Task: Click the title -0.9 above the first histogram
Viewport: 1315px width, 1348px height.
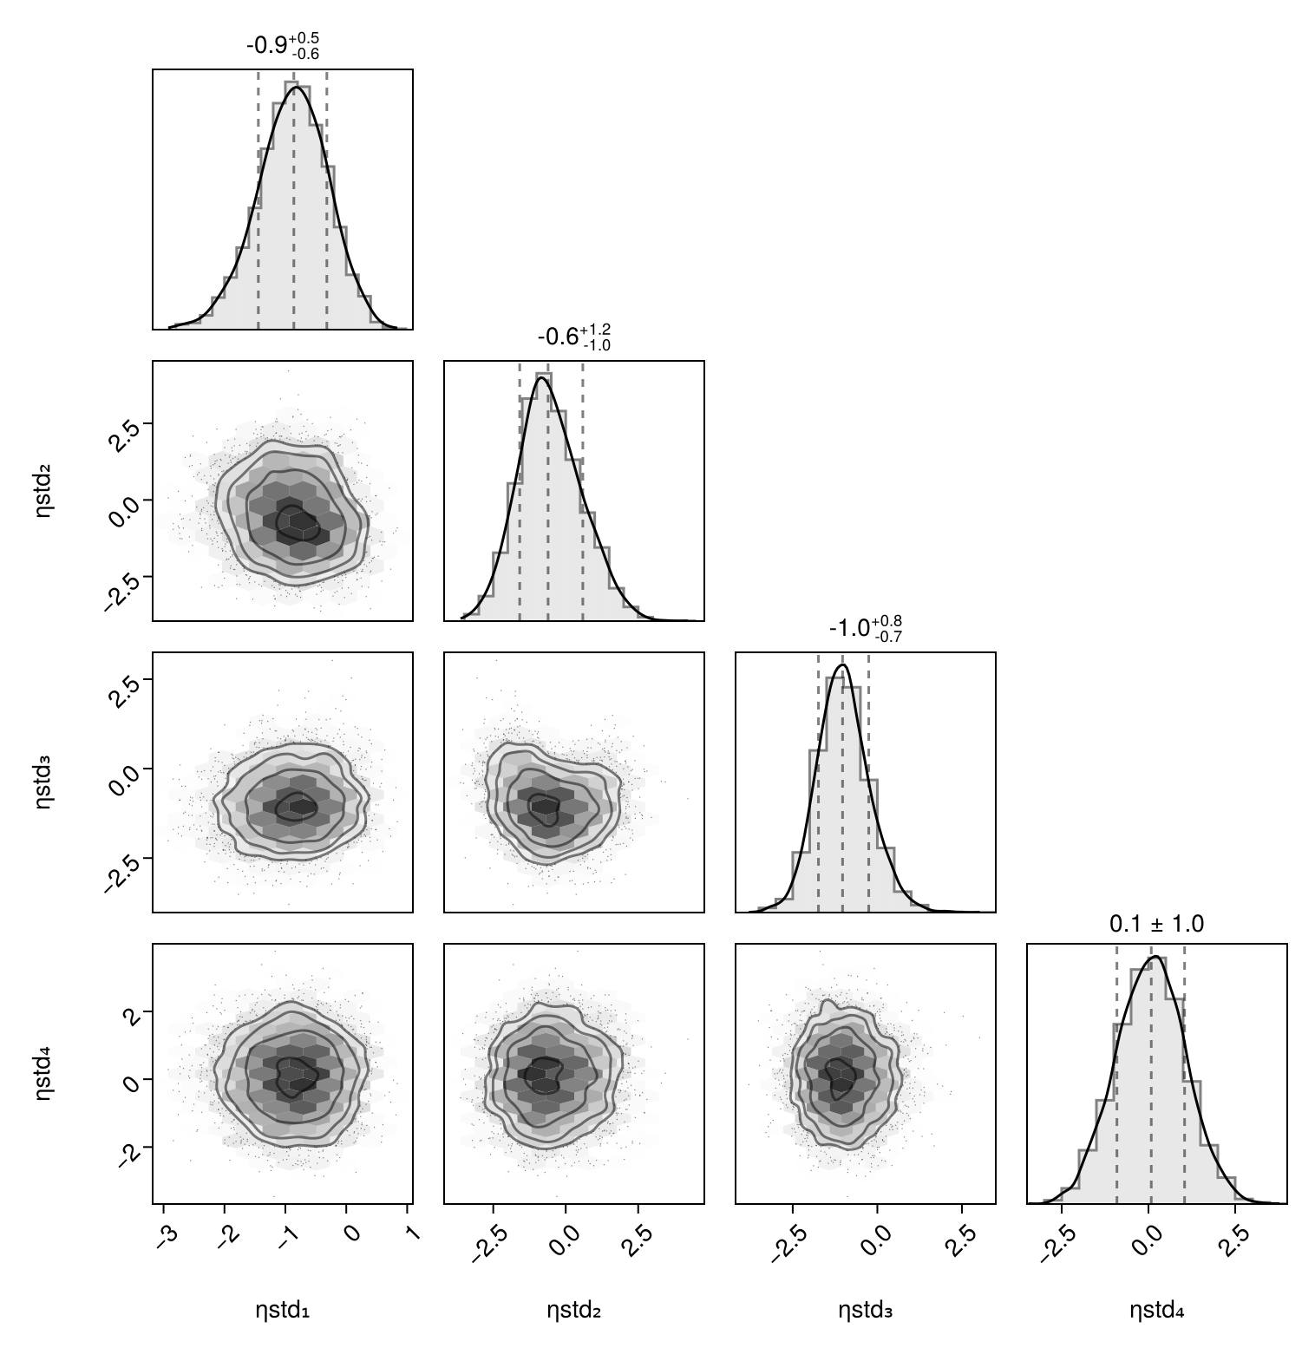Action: click(283, 45)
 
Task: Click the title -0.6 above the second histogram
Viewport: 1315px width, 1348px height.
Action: click(573, 337)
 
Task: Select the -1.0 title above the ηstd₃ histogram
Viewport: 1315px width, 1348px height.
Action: click(865, 628)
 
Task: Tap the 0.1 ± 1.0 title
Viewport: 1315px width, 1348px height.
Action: click(1156, 925)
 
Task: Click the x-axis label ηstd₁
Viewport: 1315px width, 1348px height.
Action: click(283, 1311)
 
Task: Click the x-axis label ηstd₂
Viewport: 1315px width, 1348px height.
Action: click(573, 1311)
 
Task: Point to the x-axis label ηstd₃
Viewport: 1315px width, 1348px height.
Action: click(865, 1311)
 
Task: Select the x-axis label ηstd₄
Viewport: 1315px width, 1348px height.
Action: click(1156, 1311)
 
